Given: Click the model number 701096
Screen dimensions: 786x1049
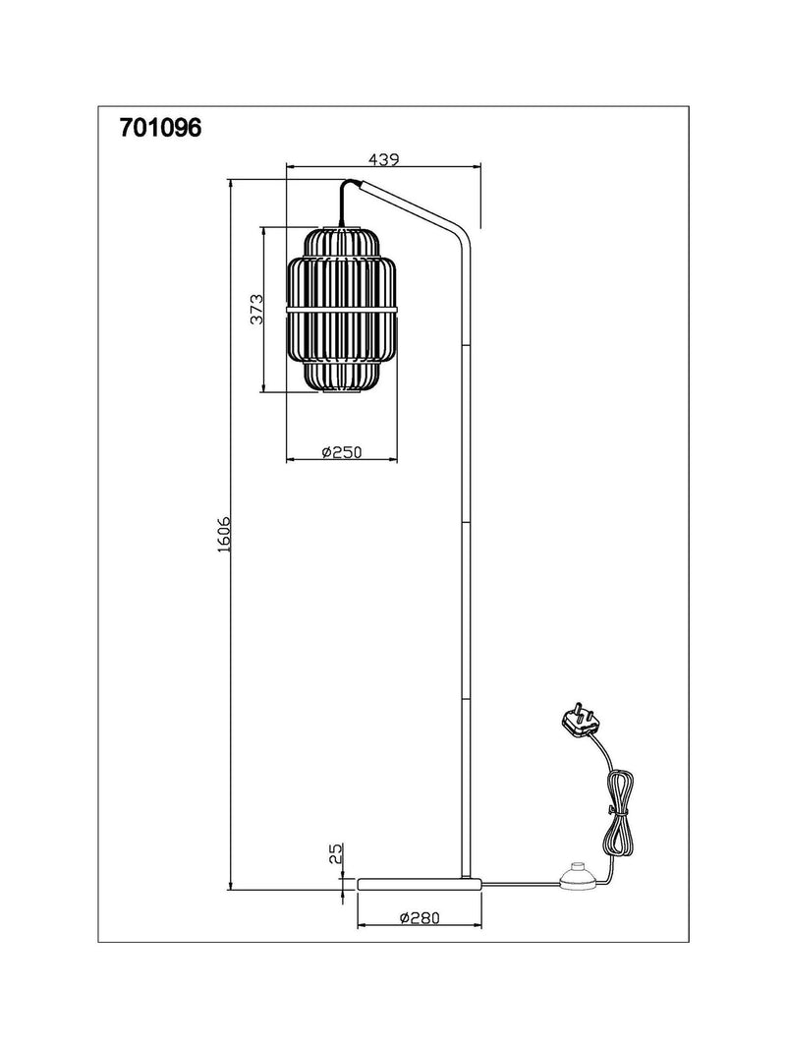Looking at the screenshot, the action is coord(160,127).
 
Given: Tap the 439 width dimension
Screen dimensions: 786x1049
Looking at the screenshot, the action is coord(383,159).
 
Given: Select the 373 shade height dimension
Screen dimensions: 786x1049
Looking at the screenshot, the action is coord(256,309).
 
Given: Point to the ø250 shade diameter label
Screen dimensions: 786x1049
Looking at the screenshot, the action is coord(342,452).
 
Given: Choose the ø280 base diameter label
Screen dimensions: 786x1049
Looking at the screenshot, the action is coord(420,918).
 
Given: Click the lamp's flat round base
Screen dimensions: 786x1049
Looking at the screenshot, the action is coord(420,883).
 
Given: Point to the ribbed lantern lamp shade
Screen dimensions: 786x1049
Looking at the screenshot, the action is coord(342,310).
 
